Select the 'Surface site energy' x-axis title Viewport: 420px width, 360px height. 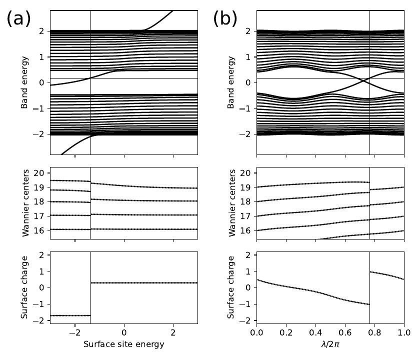click(124, 344)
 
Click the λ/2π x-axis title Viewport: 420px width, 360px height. click(330, 344)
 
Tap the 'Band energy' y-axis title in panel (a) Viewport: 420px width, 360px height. click(24, 82)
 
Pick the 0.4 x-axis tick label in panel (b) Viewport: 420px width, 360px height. click(315, 332)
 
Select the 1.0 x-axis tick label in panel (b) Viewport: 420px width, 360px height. click(404, 332)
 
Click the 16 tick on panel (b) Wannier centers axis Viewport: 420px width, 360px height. click(246, 230)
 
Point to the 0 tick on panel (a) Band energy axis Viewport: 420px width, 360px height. click(42, 82)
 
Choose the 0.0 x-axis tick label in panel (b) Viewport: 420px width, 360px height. click(256, 332)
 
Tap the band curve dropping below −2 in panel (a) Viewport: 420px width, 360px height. click(70, 145)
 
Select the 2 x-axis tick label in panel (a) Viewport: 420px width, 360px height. click(173, 332)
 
